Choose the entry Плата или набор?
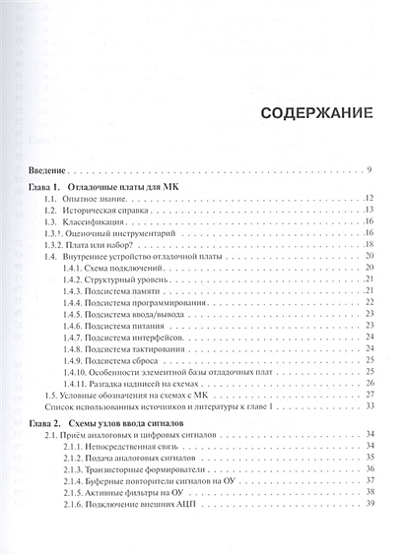(109, 243)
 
